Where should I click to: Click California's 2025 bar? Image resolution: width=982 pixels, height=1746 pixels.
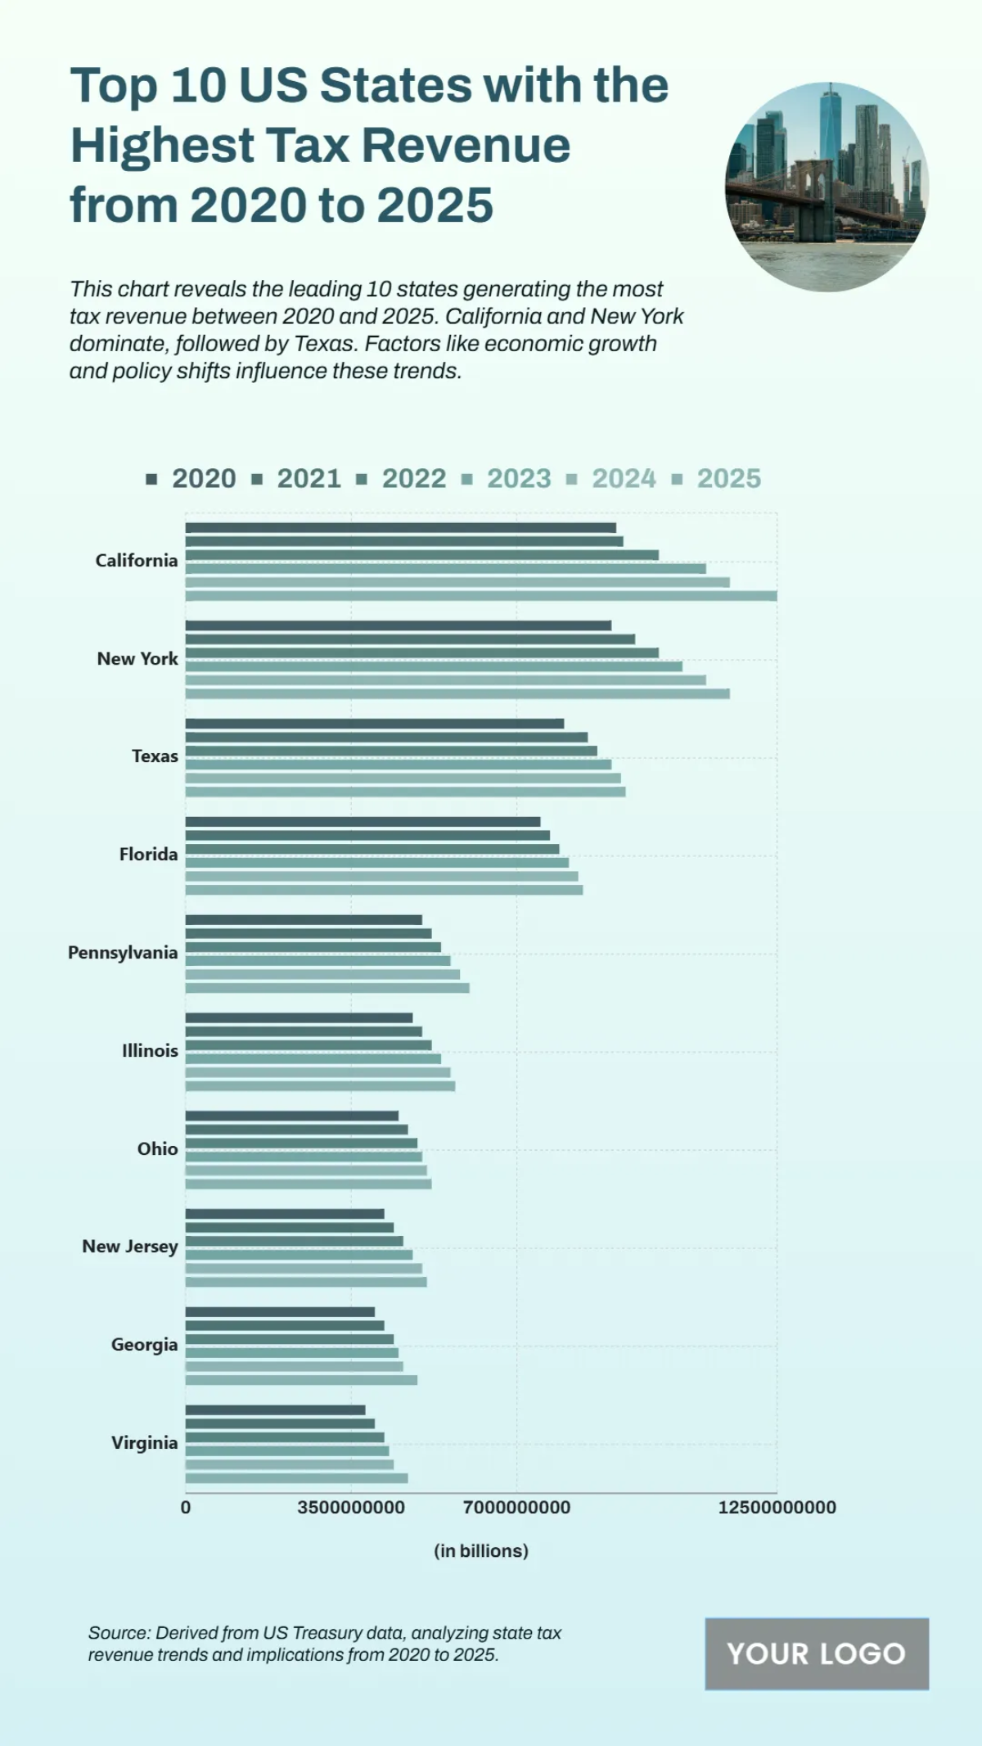(x=481, y=596)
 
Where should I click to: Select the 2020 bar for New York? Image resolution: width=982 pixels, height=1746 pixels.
(x=399, y=625)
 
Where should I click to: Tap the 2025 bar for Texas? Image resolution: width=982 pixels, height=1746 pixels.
(x=405, y=792)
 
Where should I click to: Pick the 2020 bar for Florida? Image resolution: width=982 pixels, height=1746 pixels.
(x=363, y=822)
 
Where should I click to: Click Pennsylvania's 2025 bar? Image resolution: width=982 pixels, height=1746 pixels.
(x=327, y=988)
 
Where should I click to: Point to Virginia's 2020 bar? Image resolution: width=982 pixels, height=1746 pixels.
(x=275, y=1410)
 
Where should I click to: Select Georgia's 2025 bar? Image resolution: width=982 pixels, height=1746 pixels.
(x=301, y=1380)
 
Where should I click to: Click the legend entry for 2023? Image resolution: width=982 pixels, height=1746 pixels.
(x=507, y=479)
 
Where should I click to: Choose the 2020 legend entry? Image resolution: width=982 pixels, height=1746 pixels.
(x=192, y=479)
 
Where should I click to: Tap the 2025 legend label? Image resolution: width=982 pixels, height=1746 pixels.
(x=728, y=479)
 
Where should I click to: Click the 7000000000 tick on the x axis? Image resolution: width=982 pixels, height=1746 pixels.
(x=516, y=1507)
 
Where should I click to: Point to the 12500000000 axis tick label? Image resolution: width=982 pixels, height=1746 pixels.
(x=777, y=1507)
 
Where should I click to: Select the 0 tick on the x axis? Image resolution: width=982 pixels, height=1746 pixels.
(x=186, y=1507)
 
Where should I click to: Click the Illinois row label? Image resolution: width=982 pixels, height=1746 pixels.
(x=150, y=1050)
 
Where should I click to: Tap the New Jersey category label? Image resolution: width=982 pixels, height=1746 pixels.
(x=129, y=1247)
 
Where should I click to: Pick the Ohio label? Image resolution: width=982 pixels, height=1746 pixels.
(x=157, y=1148)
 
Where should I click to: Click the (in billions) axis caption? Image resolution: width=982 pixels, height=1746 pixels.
(x=481, y=1550)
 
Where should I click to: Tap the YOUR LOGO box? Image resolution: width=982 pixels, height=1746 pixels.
(x=816, y=1654)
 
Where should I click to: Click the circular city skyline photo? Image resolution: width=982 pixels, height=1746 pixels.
(x=827, y=187)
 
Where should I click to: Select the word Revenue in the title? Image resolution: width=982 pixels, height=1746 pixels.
(x=466, y=145)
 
